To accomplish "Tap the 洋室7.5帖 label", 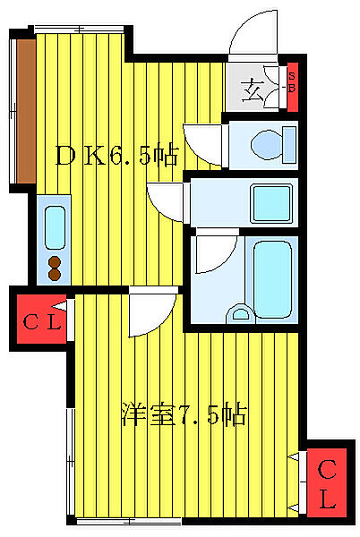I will [184, 414].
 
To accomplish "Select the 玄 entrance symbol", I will [255, 89].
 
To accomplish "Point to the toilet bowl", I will [266, 143].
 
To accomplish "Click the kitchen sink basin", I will [55, 226].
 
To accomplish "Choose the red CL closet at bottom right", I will [328, 483].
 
